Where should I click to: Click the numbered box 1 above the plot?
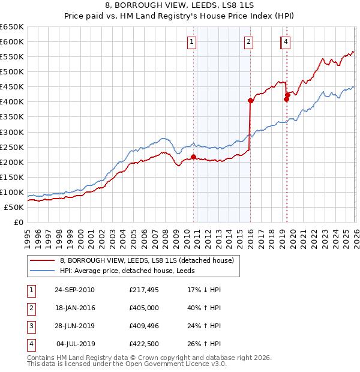tap(191, 41)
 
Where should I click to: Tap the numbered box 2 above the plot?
tap(248, 41)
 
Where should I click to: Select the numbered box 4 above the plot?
tap(286, 41)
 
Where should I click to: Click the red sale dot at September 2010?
tap(193, 157)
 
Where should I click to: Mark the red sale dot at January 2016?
tap(250, 101)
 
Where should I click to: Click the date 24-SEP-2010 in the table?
tap(74, 290)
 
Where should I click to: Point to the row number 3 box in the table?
tap(31, 326)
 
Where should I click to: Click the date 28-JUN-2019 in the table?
tap(74, 326)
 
